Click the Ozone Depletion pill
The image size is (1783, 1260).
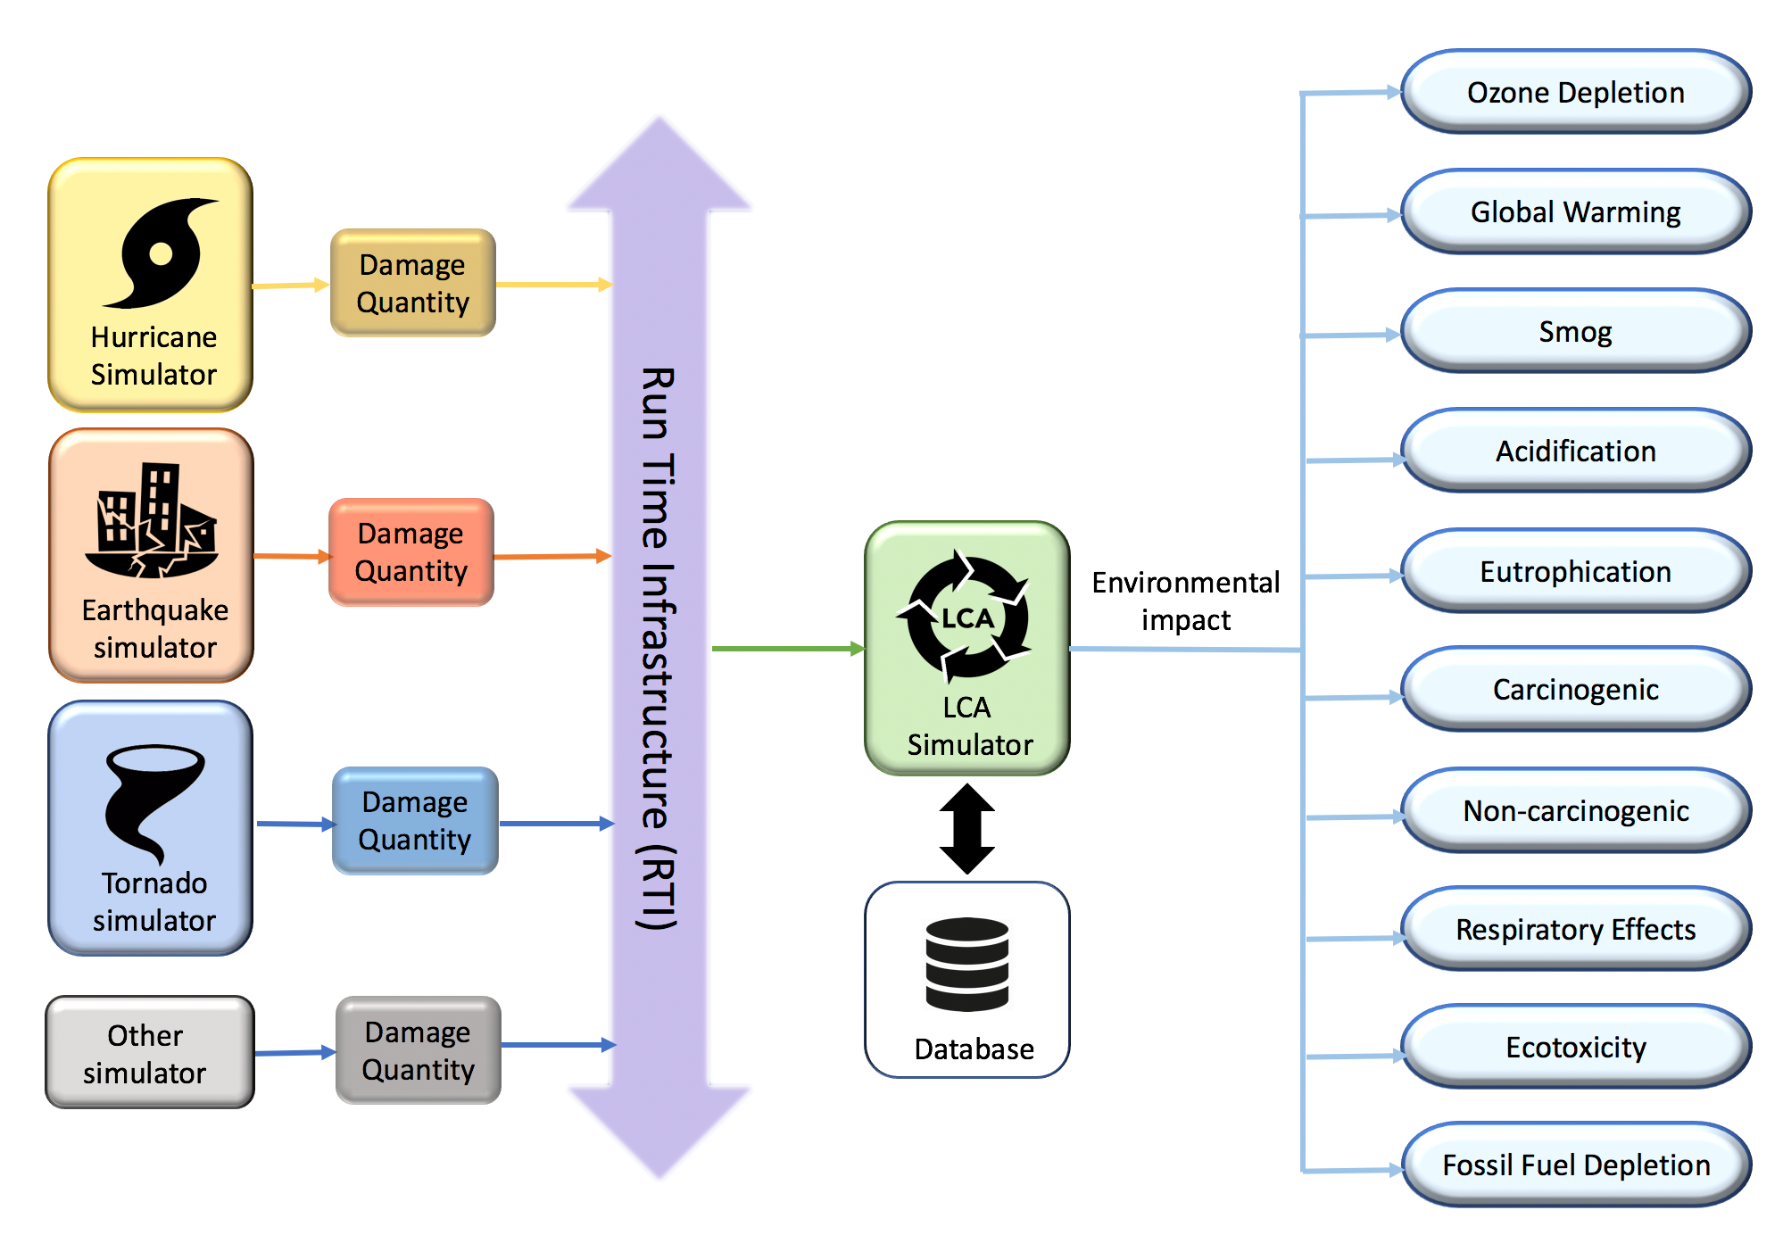[1575, 92]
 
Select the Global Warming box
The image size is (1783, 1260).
[1575, 212]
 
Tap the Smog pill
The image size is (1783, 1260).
[1575, 332]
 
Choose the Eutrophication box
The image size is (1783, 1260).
[1575, 571]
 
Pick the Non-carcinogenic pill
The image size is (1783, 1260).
[1575, 810]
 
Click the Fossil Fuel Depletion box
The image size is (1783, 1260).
[1575, 1165]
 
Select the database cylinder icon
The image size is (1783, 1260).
[966, 964]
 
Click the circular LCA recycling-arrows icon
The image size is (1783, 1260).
[966, 616]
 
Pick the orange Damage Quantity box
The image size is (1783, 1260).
[411, 552]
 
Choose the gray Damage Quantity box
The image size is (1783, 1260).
[418, 1050]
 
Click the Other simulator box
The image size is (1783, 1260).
[149, 1053]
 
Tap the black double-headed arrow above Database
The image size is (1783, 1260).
[966, 828]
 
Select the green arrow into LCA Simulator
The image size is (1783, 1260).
[785, 649]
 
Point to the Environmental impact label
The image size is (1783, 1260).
[1185, 601]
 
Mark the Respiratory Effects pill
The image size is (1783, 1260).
[1575, 929]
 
